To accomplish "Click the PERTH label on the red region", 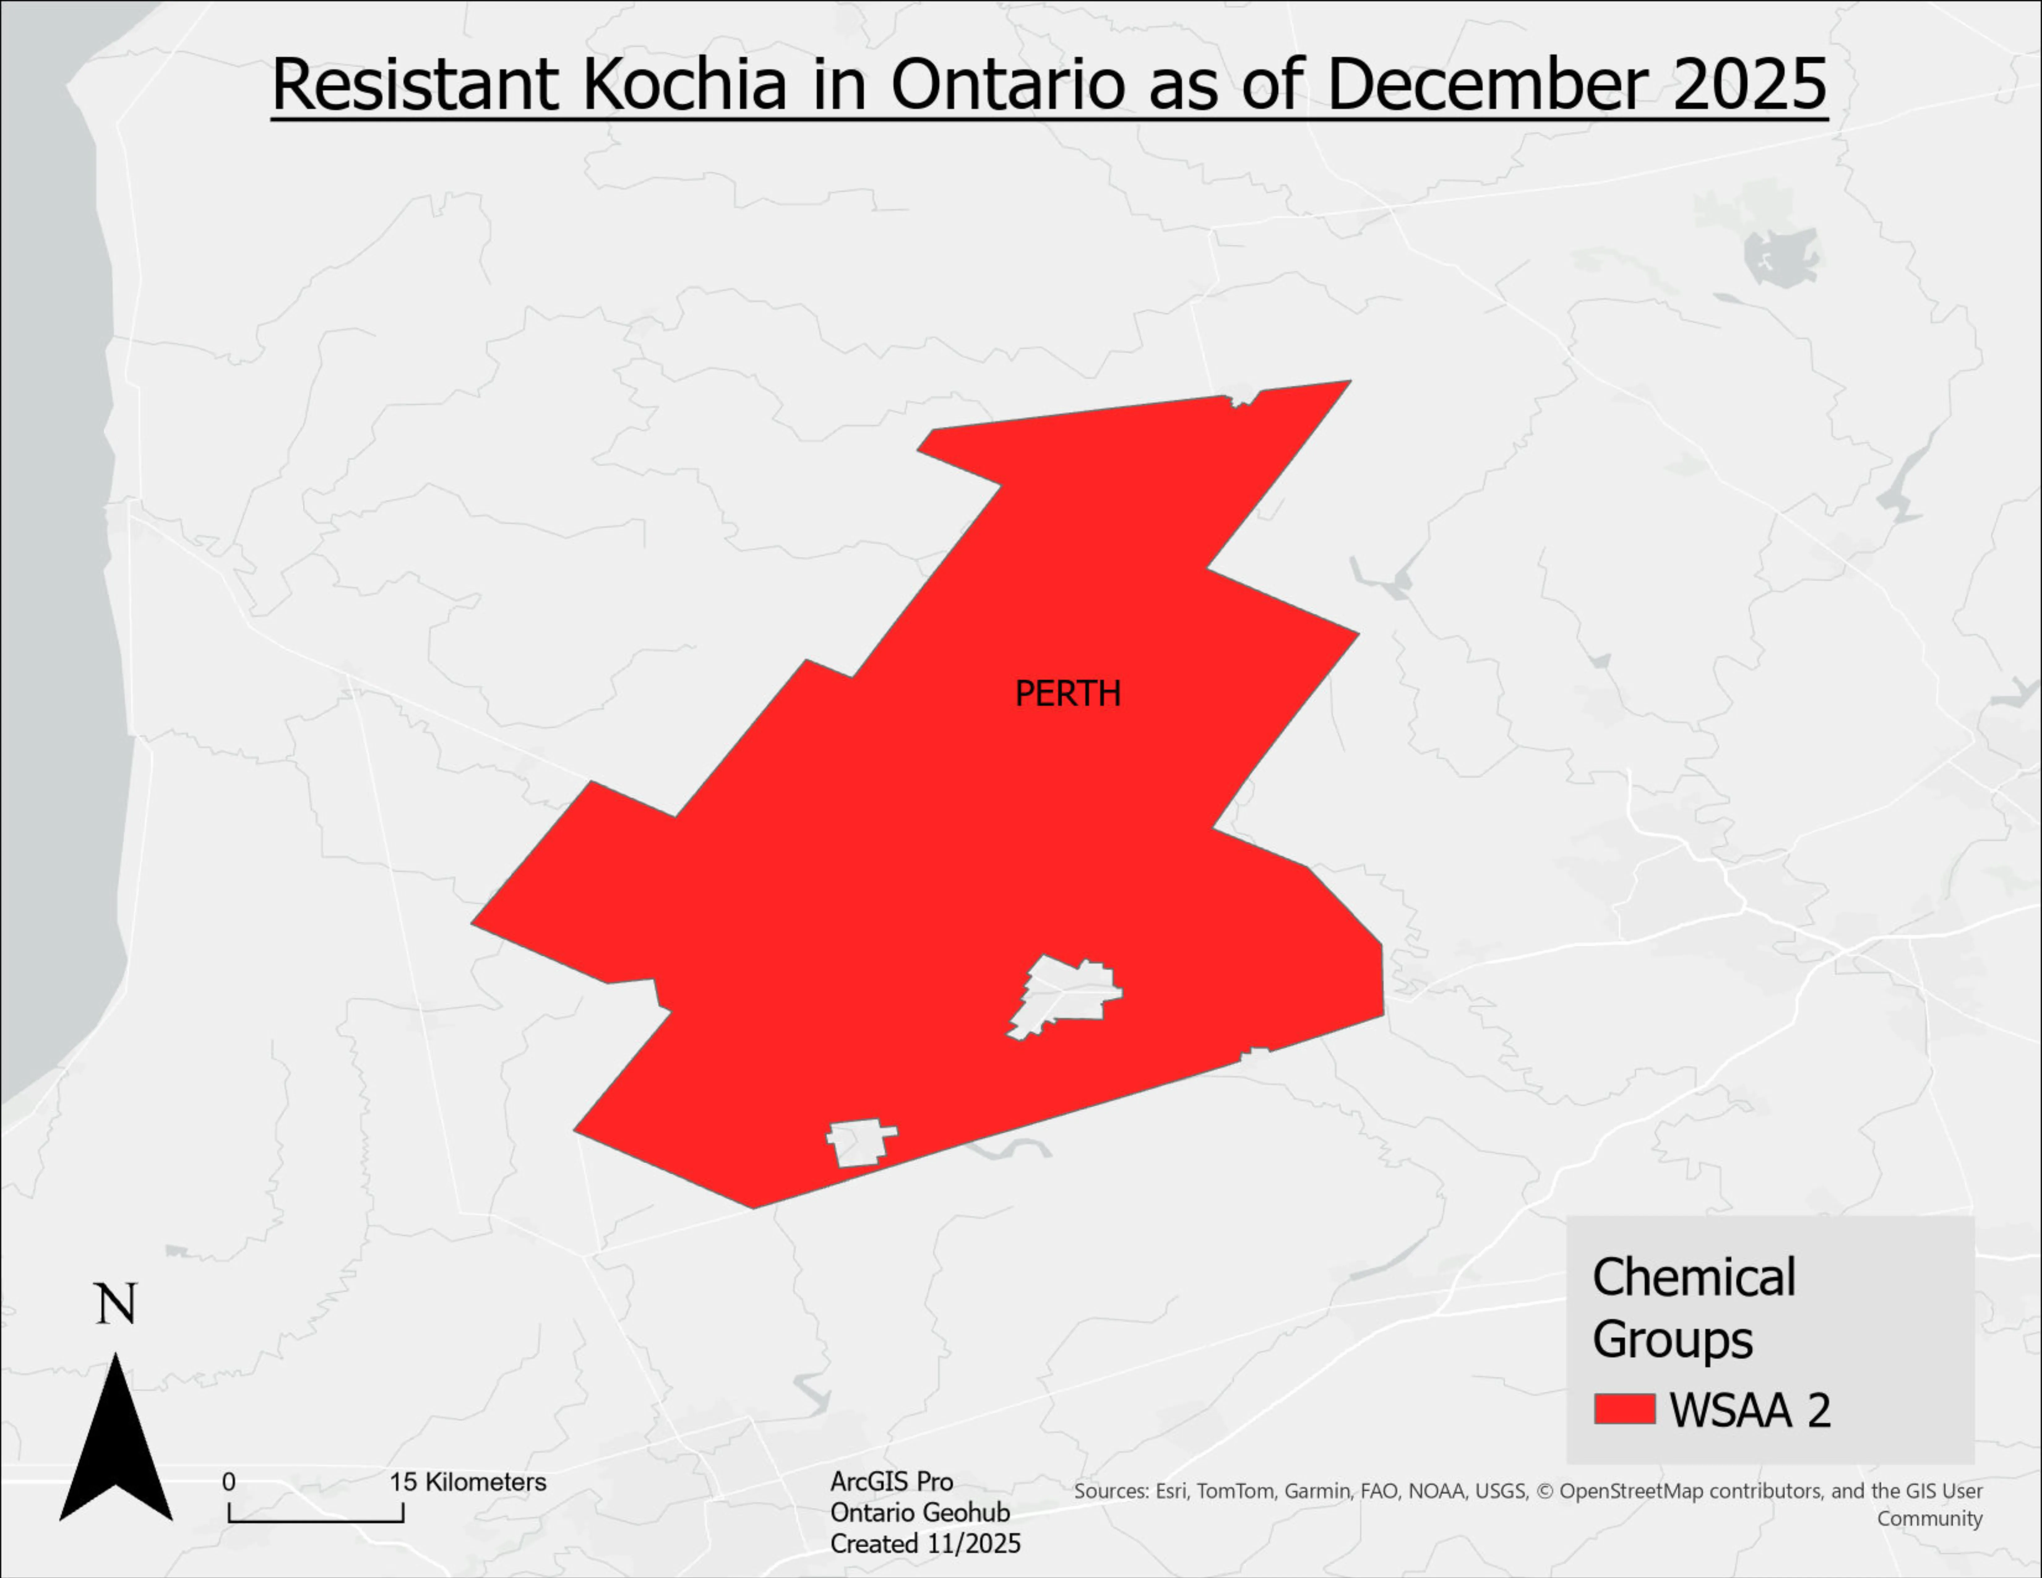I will click(x=1067, y=694).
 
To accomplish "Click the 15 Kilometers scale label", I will click(x=467, y=1482).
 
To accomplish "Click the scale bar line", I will click(x=316, y=1520).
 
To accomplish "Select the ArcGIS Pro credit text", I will click(x=891, y=1482).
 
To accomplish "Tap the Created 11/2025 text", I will click(x=925, y=1543).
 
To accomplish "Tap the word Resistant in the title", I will click(x=415, y=84).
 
